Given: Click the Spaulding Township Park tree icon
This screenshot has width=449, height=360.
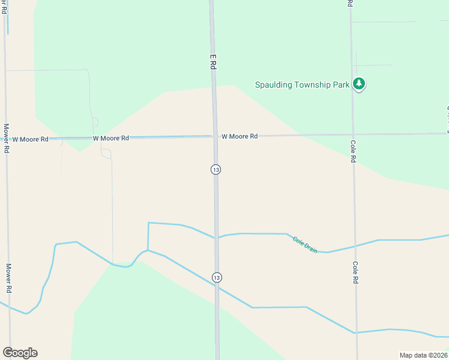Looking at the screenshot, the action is tap(359, 84).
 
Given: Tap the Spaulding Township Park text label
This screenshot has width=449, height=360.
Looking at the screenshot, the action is tap(302, 85).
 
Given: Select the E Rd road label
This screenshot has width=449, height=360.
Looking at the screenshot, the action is tap(212, 62).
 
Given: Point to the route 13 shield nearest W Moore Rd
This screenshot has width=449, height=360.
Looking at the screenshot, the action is tap(215, 170).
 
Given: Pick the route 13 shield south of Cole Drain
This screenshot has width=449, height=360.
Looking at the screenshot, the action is tap(217, 277).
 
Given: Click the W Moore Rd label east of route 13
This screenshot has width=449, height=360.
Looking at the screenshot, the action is tap(240, 137).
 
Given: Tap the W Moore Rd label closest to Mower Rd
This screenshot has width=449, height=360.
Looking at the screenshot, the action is tap(30, 139).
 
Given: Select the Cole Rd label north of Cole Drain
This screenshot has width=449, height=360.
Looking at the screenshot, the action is tap(354, 151).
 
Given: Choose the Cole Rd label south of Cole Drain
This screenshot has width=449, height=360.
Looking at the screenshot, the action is tap(355, 272).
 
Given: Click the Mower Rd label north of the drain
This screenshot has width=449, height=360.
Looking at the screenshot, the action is tap(6, 138).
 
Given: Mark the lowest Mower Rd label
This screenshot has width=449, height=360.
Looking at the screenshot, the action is tap(8, 277).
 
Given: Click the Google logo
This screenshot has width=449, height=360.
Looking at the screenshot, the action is tap(20, 353).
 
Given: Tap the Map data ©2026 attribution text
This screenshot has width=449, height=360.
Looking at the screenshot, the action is tap(424, 355).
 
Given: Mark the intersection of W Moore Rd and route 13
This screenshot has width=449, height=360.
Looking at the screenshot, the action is tap(215, 137).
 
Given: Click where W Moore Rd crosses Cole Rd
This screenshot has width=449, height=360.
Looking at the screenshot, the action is tap(353, 134).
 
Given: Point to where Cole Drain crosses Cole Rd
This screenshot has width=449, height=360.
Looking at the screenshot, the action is tap(355, 246).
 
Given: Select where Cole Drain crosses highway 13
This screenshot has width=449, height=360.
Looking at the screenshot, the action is tap(217, 238).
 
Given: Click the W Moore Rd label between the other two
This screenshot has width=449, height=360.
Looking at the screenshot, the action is tap(111, 138).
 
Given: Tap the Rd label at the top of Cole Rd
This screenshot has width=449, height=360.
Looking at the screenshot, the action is tap(349, 3).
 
